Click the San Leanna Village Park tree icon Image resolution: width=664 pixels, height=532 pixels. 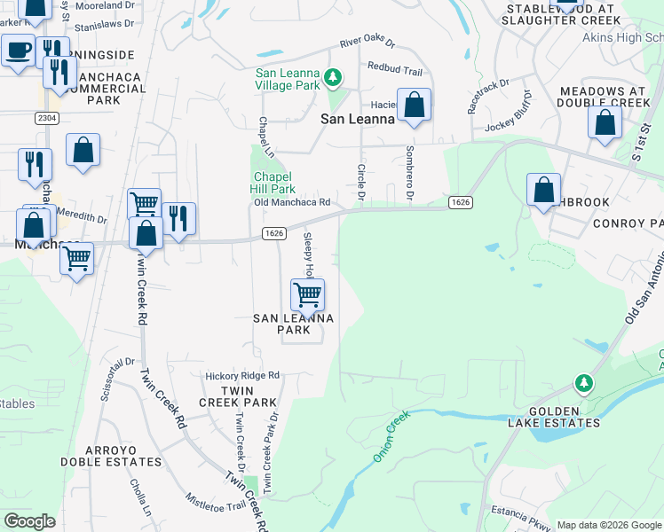point(333,78)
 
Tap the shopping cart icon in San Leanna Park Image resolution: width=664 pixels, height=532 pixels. point(307,293)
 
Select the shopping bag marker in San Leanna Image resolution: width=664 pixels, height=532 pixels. point(414,105)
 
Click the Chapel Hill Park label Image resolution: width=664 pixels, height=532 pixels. point(274,183)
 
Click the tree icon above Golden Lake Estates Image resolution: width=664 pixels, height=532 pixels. point(583,383)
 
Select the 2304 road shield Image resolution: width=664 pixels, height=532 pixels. point(48,117)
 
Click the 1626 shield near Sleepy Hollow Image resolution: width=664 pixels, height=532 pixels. point(274,233)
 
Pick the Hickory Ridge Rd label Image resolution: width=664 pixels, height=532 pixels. point(242,375)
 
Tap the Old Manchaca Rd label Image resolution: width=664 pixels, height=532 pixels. point(292,202)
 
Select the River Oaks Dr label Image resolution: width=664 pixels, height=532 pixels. point(367,44)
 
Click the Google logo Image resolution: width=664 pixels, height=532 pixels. point(29,521)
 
